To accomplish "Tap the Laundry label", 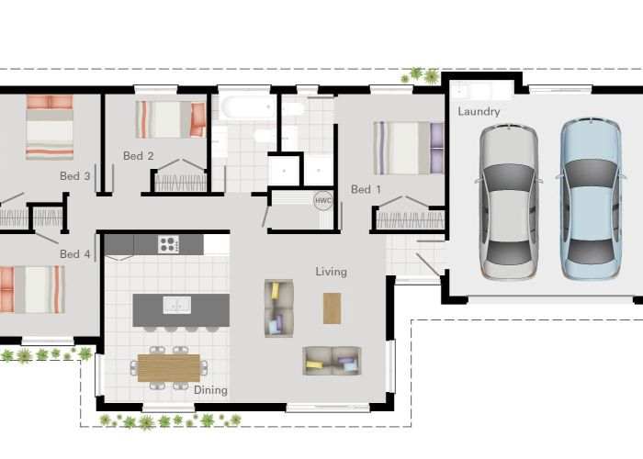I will point(479,112).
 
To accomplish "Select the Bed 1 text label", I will point(366,190).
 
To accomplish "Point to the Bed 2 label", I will point(139,156).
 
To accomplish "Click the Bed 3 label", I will point(75,175).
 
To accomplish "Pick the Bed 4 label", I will point(75,253).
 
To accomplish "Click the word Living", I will point(332,272).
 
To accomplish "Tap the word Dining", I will point(210,390).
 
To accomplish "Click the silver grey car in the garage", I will point(508,195).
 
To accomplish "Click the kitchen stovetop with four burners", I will point(168,244).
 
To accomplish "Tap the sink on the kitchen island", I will point(177,305).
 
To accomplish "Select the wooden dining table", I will point(168,366).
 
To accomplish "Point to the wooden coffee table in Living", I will point(332,308).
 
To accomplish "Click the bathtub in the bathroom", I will point(245,106).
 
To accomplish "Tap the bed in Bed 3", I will point(50,128).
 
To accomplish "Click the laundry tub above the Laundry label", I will point(477,91).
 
